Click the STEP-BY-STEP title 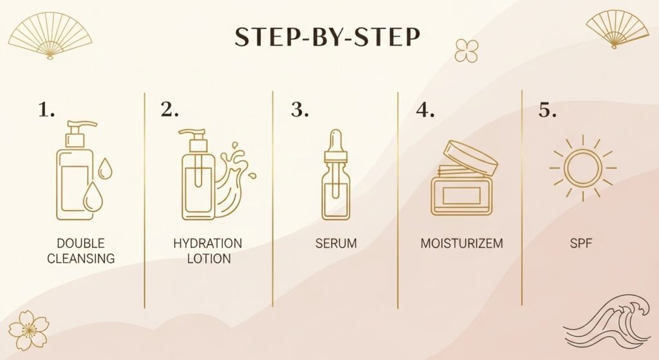328,38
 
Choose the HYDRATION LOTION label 207,251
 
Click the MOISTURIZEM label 461,244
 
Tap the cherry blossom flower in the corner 29,330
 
